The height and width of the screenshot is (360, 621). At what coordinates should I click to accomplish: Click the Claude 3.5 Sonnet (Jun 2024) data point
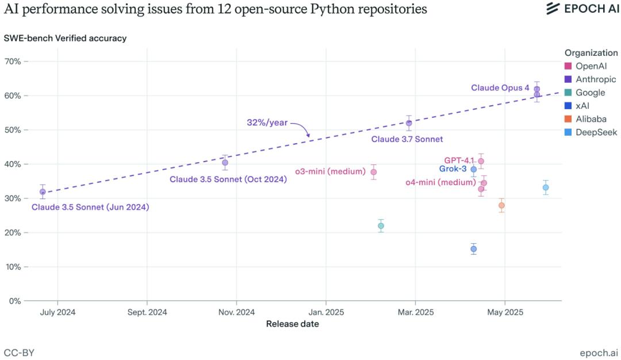point(43,192)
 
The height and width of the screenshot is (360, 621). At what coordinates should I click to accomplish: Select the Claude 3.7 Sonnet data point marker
point(409,123)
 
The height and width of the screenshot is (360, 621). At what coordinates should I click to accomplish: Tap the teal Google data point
point(381,226)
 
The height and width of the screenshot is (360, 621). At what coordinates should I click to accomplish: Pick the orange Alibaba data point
point(501,205)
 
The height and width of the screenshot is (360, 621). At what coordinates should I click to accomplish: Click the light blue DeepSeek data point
point(546,187)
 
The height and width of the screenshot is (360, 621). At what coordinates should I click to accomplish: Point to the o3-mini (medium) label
point(331,171)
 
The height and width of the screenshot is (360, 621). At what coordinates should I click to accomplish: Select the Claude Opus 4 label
point(500,88)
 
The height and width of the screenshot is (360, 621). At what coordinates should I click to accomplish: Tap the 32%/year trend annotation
point(267,122)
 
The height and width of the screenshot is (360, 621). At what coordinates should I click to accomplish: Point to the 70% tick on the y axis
point(13,62)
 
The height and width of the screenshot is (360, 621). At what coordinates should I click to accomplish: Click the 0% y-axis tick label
point(15,301)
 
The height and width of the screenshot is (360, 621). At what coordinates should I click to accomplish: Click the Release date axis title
point(292,324)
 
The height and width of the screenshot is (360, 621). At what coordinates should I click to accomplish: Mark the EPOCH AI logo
point(581,9)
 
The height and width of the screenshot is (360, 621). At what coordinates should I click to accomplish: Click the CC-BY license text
point(19,352)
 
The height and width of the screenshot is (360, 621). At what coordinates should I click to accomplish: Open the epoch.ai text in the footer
point(600,352)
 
